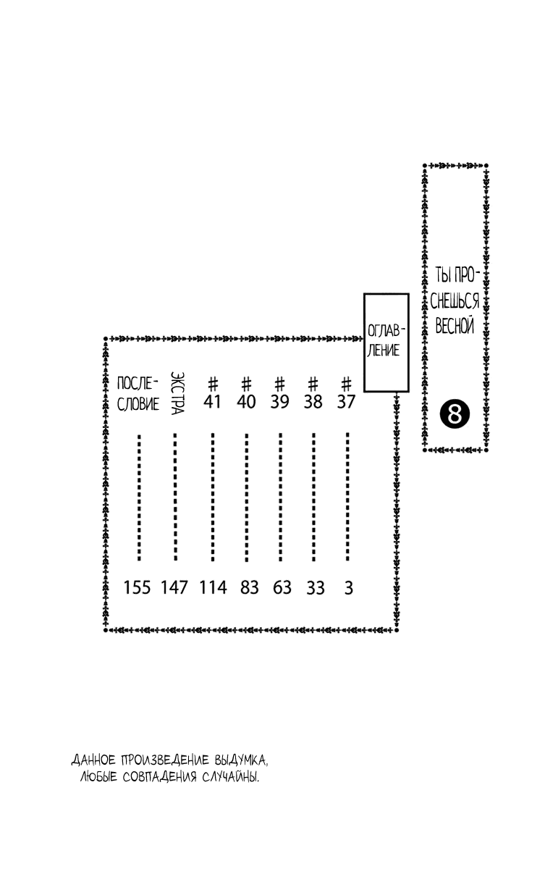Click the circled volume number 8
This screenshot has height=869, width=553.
(x=455, y=414)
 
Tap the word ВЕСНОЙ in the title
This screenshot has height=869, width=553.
(x=455, y=325)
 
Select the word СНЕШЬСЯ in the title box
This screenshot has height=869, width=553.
(x=455, y=301)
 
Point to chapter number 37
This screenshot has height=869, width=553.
(x=346, y=401)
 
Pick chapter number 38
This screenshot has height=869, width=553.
(x=313, y=401)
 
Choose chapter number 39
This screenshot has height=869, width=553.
(x=279, y=401)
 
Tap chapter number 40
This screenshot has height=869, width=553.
(x=246, y=401)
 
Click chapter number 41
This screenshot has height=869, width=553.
(x=212, y=401)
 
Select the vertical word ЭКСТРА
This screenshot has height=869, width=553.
(x=177, y=393)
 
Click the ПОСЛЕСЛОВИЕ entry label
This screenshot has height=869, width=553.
(x=138, y=393)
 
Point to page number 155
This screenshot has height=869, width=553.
(x=137, y=587)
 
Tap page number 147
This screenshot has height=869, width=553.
(x=174, y=587)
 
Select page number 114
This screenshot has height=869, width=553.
(x=213, y=587)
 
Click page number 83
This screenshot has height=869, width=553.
(x=249, y=587)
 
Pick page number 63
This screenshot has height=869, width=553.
(x=282, y=587)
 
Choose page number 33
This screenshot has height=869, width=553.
(x=316, y=587)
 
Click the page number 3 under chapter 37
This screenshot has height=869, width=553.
(x=349, y=588)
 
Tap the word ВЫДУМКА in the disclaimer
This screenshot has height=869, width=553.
(x=240, y=760)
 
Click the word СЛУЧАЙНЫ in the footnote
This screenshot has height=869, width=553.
(x=230, y=776)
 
